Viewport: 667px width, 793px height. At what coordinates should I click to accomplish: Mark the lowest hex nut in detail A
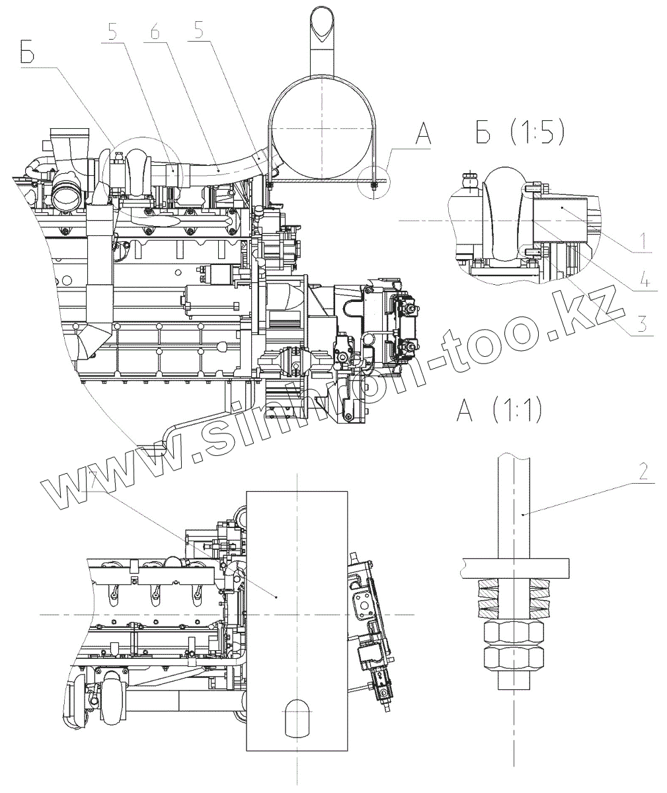516,659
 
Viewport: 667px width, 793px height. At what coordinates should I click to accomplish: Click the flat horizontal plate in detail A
514,567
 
